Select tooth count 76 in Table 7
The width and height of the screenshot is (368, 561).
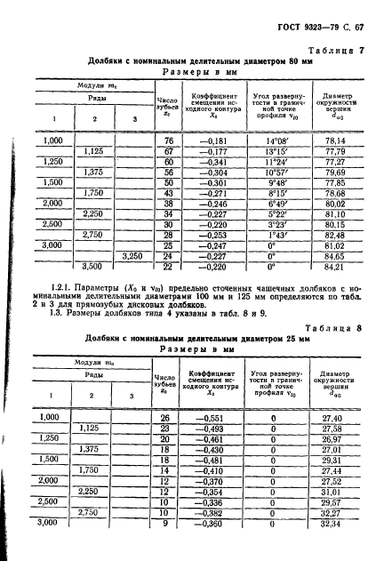[x=166, y=140]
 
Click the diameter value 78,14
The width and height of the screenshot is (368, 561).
[x=333, y=140]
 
